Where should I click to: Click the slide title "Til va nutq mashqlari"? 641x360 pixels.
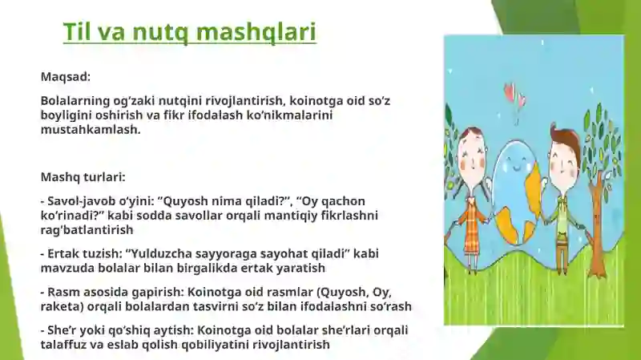(x=190, y=32)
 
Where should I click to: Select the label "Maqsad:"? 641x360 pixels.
(x=66, y=77)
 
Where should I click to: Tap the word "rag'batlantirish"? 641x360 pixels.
(x=87, y=229)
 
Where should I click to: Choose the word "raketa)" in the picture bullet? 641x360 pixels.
(x=62, y=306)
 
